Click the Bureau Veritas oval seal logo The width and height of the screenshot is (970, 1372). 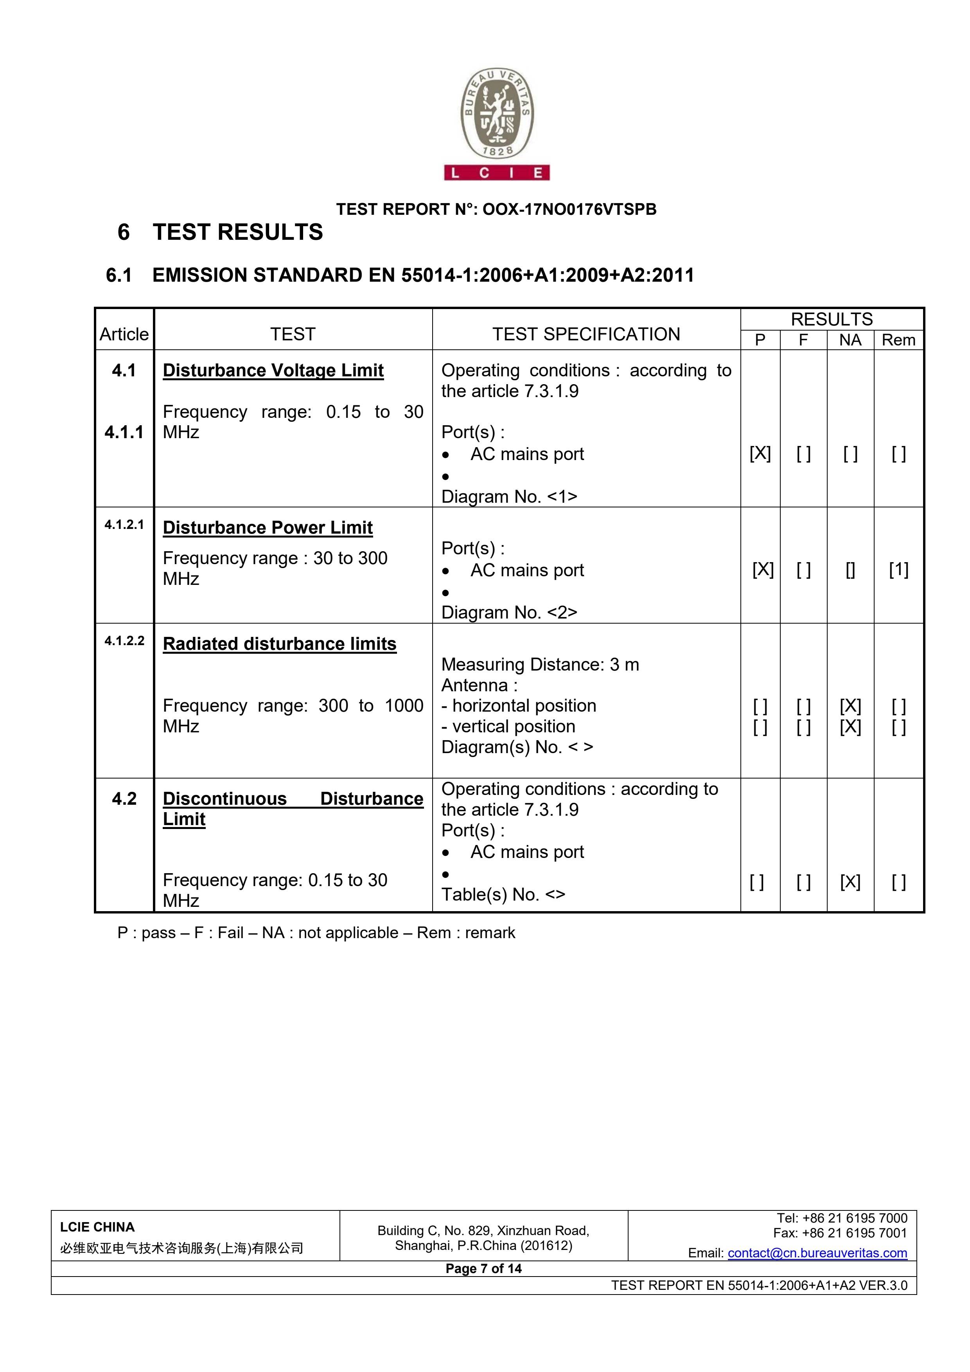[x=496, y=113]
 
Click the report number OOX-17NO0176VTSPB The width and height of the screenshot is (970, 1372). [x=569, y=209]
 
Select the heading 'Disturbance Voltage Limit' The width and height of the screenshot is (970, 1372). [x=273, y=370]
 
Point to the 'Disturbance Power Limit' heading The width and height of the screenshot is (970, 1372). [x=268, y=528]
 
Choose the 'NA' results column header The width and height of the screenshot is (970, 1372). [x=850, y=340]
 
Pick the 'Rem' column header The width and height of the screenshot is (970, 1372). [x=898, y=340]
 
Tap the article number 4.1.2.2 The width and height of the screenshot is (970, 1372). [x=124, y=640]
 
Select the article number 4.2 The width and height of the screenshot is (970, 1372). [x=124, y=798]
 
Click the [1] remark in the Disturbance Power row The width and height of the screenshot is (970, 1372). [x=898, y=570]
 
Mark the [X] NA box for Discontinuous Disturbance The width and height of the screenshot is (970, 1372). [x=850, y=881]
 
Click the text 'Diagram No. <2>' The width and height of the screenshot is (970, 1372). [x=509, y=613]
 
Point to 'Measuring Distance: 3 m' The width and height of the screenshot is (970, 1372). [x=540, y=665]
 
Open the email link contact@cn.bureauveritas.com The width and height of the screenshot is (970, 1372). [x=817, y=1253]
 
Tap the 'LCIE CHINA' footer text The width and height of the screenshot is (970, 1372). [x=97, y=1227]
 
